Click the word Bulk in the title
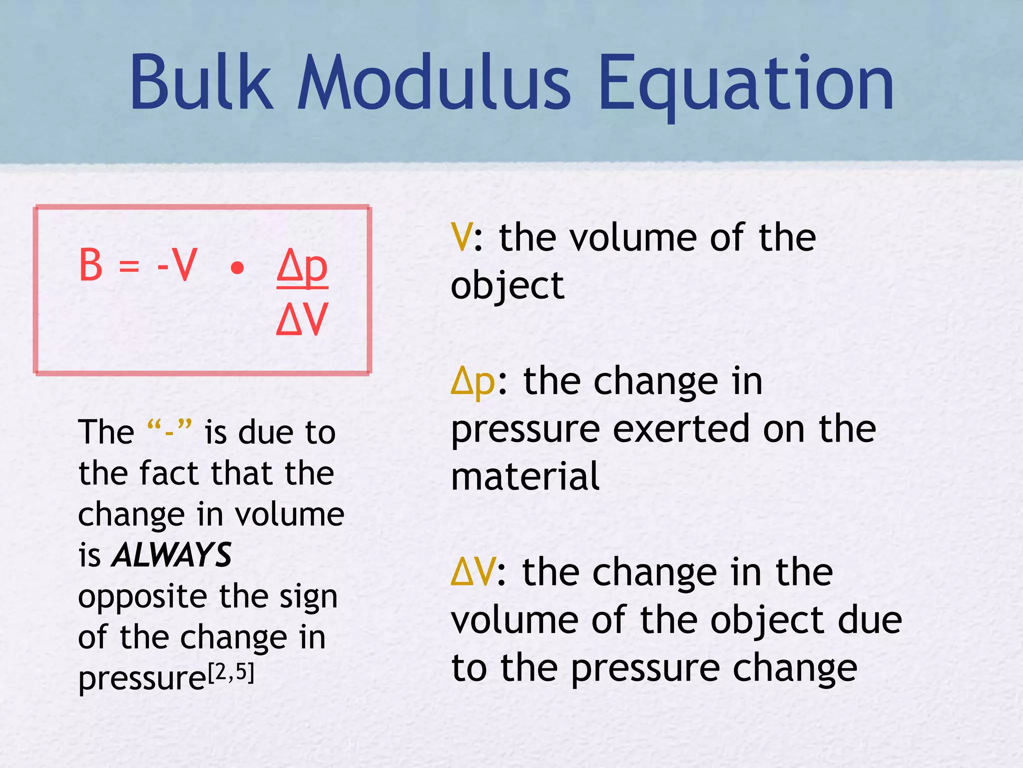coord(201,82)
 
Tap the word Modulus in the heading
coord(434,82)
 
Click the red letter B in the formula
coord(91,265)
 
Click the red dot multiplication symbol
coord(238,269)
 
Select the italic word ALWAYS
coord(172,555)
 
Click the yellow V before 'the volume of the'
coord(461,237)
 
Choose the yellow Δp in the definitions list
coord(473,382)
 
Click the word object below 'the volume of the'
coord(508,286)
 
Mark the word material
coord(525,476)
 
